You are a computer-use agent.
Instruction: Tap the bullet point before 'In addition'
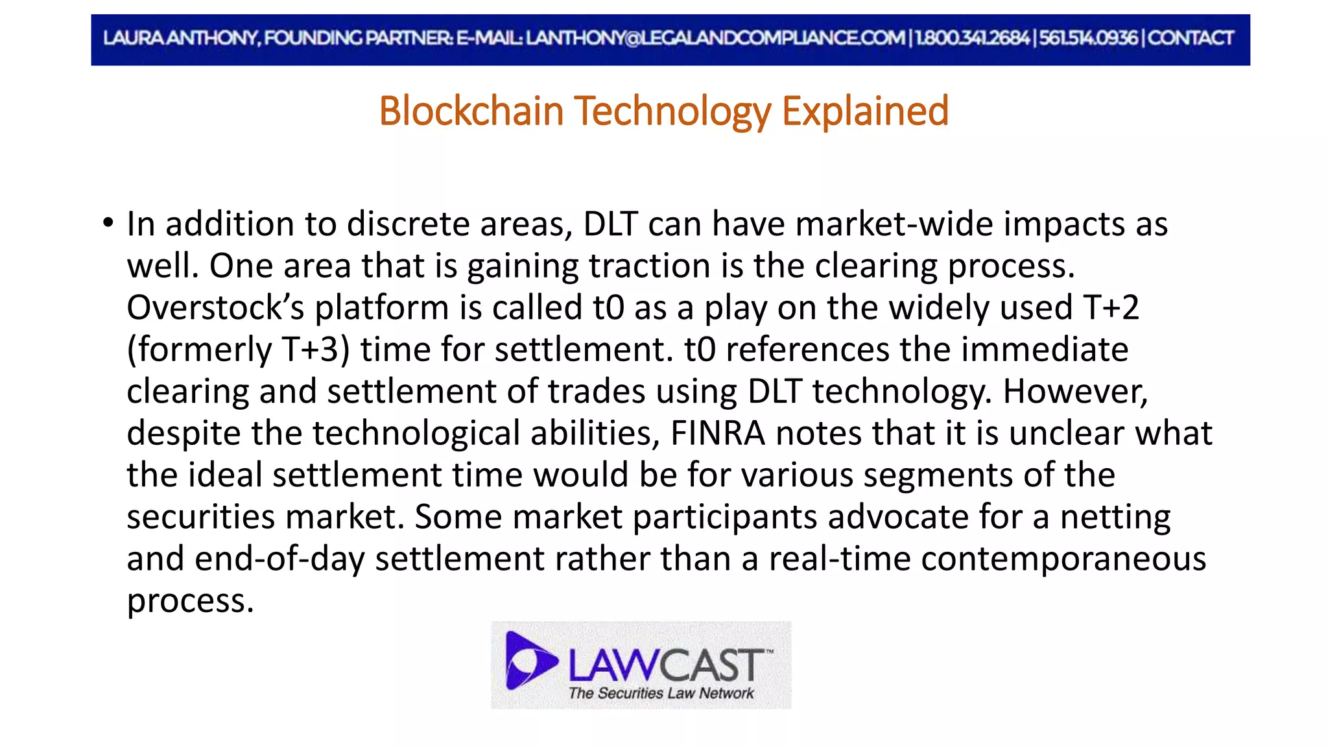(108, 223)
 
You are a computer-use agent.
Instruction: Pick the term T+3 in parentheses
(310, 350)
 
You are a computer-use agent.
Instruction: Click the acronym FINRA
(718, 433)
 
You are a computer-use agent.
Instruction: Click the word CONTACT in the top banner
(1191, 38)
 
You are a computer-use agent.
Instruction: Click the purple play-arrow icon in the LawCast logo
(529, 660)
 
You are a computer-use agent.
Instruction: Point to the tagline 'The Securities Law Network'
(661, 693)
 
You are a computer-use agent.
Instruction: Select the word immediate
(1044, 350)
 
